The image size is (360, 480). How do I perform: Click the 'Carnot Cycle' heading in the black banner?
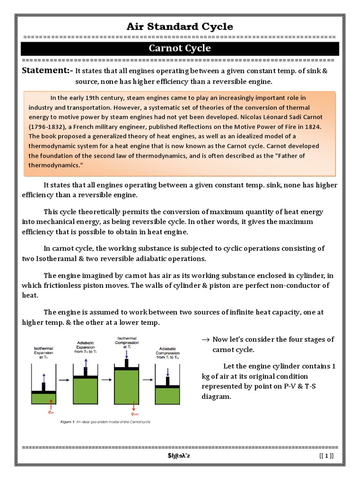point(180,48)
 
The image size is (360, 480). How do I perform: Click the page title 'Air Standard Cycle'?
point(180,26)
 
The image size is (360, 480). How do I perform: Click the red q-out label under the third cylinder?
point(135,414)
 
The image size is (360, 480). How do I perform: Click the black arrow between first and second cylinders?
point(64,380)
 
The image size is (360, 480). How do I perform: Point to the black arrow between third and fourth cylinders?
point(148,380)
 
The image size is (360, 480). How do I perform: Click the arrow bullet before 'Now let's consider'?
point(205,339)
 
